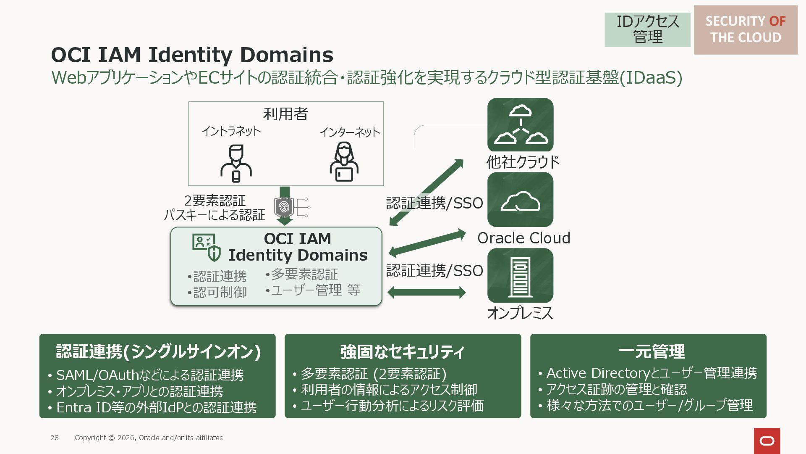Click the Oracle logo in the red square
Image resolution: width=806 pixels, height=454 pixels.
point(767,441)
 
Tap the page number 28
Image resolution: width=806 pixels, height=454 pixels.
point(55,438)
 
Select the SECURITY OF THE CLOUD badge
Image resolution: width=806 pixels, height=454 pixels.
point(746,29)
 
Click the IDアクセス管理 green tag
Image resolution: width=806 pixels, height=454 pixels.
point(647,29)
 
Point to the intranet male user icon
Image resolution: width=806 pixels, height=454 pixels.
point(236,163)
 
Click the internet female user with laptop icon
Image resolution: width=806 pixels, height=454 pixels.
point(344,162)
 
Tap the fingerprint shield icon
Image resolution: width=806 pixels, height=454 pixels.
point(284,207)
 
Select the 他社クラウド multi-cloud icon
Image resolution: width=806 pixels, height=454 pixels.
point(520,125)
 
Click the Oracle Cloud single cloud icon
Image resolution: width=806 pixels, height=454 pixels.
point(520,200)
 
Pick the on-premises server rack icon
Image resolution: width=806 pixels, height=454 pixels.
point(520,275)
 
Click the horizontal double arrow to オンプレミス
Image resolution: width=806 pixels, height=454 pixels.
point(427,292)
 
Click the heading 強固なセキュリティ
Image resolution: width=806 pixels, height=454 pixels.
point(402,351)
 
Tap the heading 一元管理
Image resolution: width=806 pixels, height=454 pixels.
point(652,351)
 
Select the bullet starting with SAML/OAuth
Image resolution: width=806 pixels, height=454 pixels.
point(150,375)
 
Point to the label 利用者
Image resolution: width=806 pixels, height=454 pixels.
point(285,113)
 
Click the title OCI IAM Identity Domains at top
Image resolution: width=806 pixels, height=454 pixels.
point(192,55)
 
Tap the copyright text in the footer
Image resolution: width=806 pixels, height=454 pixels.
point(149,438)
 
